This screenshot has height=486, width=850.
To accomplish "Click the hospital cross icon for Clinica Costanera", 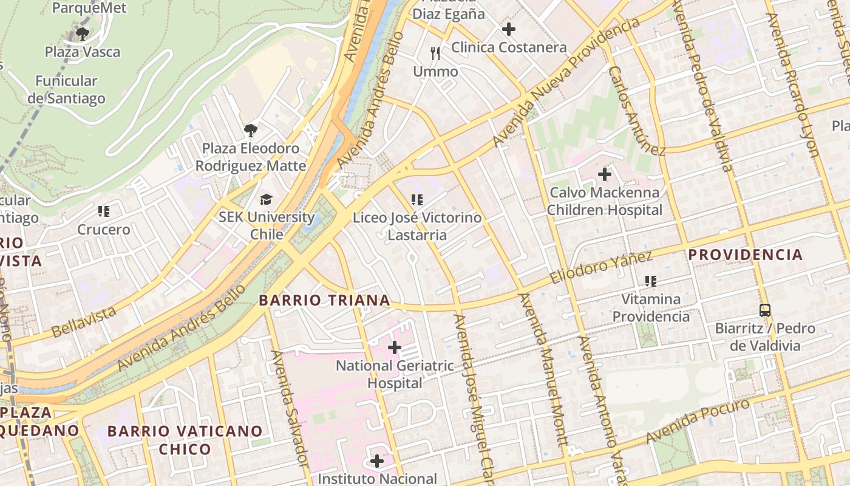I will tap(509, 29).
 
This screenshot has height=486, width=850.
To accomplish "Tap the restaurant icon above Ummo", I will tap(435, 53).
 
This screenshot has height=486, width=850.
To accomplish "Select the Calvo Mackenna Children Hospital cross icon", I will tap(605, 174).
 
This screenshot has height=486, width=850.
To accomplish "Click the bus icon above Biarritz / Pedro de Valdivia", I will tap(765, 310).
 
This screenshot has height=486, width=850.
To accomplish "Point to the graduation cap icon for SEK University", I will tap(266, 199).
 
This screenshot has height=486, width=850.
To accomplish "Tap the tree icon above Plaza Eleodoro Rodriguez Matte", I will tap(250, 130).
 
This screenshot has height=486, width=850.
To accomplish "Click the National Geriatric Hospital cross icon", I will tap(395, 347).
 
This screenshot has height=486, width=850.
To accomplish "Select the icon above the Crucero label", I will tap(104, 211).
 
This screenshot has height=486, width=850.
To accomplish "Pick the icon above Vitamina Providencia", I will tap(651, 281).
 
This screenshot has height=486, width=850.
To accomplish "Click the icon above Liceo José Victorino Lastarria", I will tap(416, 199).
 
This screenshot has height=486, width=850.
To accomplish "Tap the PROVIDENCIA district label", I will tap(746, 255).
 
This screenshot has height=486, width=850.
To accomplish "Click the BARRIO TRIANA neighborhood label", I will tap(324, 300).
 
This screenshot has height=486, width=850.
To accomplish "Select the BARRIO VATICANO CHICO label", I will tap(185, 440).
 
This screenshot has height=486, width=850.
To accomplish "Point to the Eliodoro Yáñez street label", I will tap(601, 267).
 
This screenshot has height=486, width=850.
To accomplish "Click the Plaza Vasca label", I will tap(83, 52).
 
